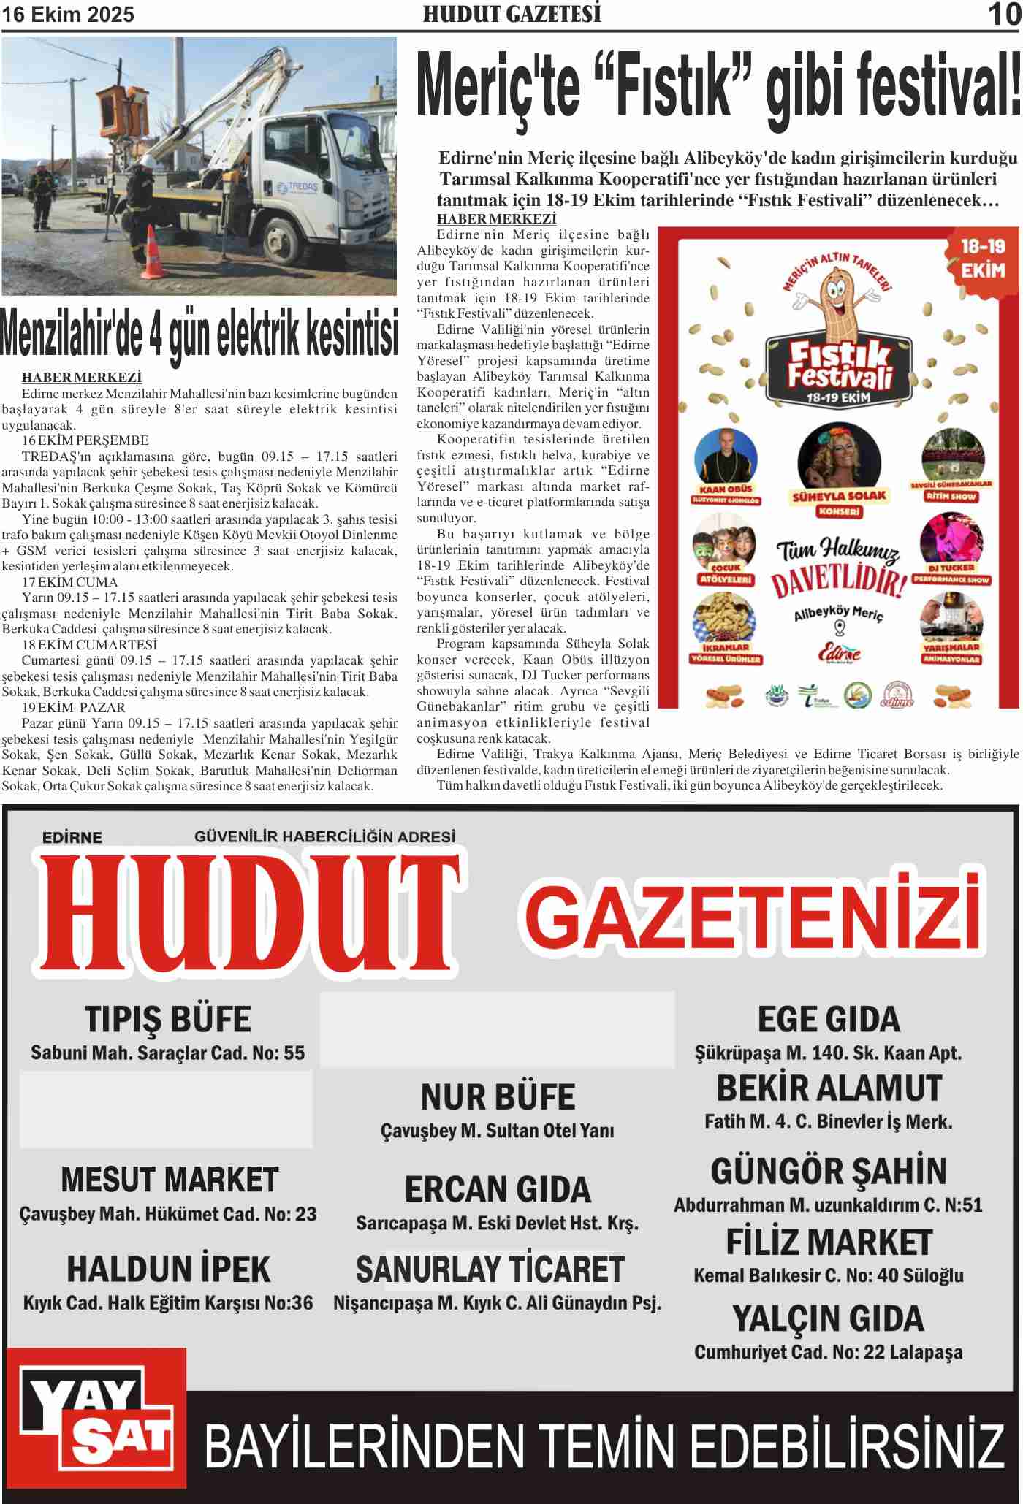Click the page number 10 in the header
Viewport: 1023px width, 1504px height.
pyautogui.click(x=1003, y=15)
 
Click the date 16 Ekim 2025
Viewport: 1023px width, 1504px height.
pyautogui.click(x=68, y=15)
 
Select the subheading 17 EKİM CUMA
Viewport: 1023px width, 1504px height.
pyautogui.click(x=70, y=582)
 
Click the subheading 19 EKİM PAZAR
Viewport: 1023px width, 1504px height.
pyautogui.click(x=74, y=708)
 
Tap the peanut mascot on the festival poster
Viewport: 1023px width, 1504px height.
pyautogui.click(x=840, y=299)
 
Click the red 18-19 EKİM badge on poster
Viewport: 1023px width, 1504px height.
pyautogui.click(x=983, y=259)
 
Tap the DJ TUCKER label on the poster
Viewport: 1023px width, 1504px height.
pyautogui.click(x=951, y=568)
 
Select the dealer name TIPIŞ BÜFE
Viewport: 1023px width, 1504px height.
pyautogui.click(x=167, y=1019)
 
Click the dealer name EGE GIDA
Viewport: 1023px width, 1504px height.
pyautogui.click(x=829, y=1019)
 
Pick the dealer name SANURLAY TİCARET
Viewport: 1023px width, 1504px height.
pyautogui.click(x=490, y=1270)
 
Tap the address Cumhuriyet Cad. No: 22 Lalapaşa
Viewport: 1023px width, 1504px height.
pyautogui.click(x=828, y=1353)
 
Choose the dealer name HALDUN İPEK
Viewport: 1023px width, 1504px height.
pyautogui.click(x=168, y=1270)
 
